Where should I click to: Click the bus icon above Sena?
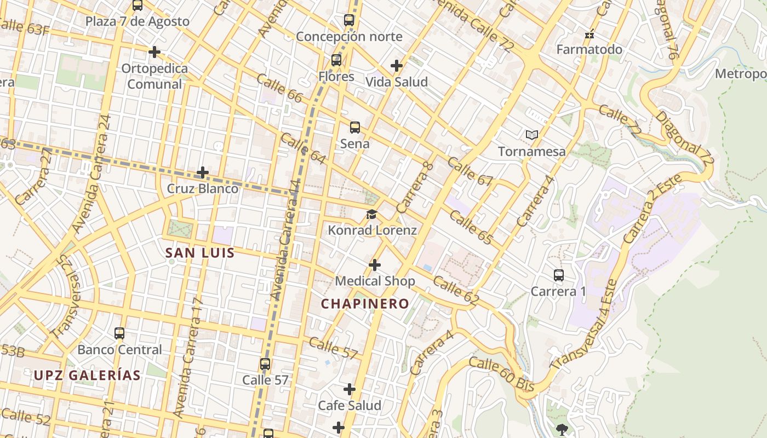(x=355, y=128)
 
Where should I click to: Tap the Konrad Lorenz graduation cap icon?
(x=372, y=214)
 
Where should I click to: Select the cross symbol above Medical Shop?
(x=375, y=265)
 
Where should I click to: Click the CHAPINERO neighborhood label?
(x=365, y=304)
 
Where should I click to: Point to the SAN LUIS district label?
(x=200, y=253)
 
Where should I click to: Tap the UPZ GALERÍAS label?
(x=88, y=376)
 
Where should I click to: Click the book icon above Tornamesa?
(x=531, y=135)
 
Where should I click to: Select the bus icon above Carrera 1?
(x=559, y=275)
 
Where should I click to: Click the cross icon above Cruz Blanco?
(x=203, y=172)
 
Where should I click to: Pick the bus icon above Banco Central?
(x=119, y=333)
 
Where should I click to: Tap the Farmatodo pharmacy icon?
(x=589, y=34)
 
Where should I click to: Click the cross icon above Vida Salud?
(x=397, y=66)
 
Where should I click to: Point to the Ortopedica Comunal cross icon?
(x=154, y=52)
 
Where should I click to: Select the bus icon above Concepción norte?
(x=349, y=20)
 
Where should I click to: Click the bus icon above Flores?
(x=336, y=60)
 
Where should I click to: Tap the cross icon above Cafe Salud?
(x=350, y=389)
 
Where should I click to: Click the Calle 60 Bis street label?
(x=501, y=374)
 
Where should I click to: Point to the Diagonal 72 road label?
(x=685, y=140)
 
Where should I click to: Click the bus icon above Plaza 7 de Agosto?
(x=138, y=5)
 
